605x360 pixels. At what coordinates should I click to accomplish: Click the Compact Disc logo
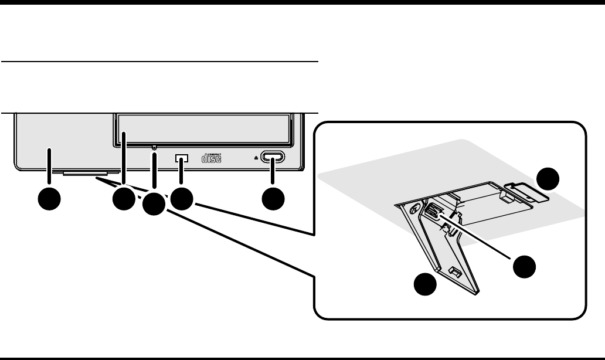click(x=212, y=158)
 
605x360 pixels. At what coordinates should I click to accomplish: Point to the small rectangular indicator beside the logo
click(x=182, y=159)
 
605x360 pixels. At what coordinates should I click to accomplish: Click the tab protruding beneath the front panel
click(x=85, y=174)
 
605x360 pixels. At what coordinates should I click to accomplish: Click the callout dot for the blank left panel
click(x=49, y=199)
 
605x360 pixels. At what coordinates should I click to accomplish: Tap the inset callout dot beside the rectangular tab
click(x=550, y=178)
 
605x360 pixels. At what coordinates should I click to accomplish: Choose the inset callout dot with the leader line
click(x=524, y=267)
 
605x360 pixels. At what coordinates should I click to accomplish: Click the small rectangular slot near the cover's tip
click(x=454, y=271)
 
